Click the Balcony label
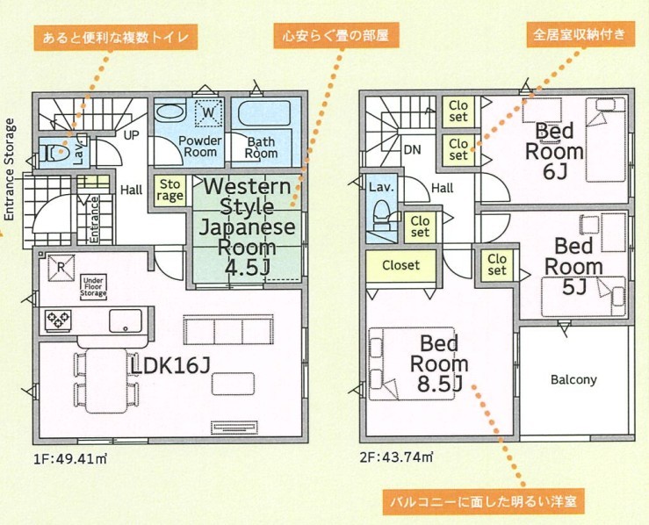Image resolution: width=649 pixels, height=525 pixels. (x=573, y=379)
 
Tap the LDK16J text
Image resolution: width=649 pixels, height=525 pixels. (x=171, y=366)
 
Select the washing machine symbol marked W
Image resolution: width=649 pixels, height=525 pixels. (x=209, y=112)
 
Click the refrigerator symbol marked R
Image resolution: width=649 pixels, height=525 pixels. (x=61, y=268)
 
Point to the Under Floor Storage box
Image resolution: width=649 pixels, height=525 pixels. (x=94, y=286)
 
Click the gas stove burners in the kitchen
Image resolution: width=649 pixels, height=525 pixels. (x=58, y=320)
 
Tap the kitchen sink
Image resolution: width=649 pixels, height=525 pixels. (x=126, y=320)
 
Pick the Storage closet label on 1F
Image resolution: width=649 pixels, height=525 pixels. (x=170, y=190)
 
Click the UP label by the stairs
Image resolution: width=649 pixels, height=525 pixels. (x=131, y=135)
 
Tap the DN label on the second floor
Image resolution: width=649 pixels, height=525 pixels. (x=412, y=150)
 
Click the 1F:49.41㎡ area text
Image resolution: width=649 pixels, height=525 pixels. (x=71, y=458)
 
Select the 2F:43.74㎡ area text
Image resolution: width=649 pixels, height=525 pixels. (x=397, y=457)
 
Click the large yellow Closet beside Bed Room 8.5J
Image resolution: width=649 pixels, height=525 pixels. (x=400, y=266)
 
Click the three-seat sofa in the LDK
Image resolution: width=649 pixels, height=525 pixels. (x=228, y=330)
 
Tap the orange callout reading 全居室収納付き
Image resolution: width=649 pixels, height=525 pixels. (x=580, y=34)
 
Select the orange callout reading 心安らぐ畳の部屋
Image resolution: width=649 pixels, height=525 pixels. (x=335, y=36)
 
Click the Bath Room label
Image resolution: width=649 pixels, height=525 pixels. (x=261, y=147)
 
